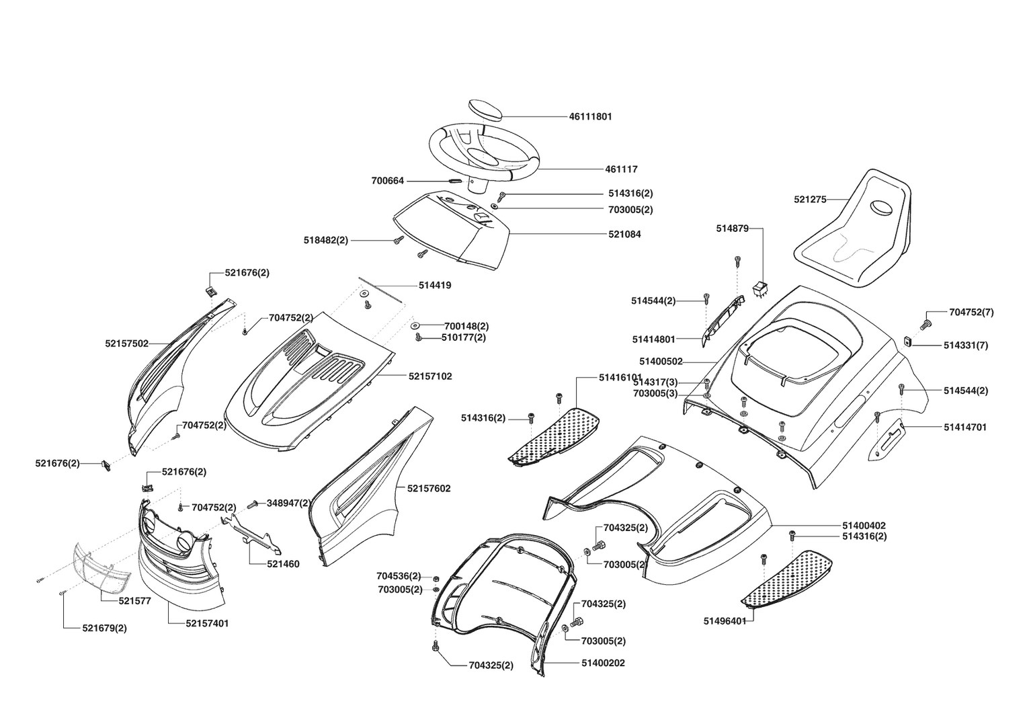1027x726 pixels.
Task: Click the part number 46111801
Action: [x=590, y=116]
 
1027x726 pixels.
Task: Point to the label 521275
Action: [x=810, y=199]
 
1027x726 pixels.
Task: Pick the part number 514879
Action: [x=732, y=229]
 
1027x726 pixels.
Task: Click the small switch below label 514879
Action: [x=760, y=289]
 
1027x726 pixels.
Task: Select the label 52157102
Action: [x=429, y=376]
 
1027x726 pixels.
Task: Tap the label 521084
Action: [x=624, y=235]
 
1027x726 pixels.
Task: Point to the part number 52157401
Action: [x=207, y=623]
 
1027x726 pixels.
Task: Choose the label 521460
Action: [x=283, y=564]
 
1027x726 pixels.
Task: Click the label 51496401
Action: [x=725, y=620]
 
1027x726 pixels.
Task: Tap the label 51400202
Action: [x=603, y=663]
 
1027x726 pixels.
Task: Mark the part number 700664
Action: [x=388, y=181]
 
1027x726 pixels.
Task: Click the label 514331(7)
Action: [x=966, y=346]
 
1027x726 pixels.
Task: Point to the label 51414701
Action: [x=965, y=427]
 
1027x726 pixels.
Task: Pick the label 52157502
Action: [x=126, y=344]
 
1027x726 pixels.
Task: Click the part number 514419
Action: [x=434, y=285]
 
